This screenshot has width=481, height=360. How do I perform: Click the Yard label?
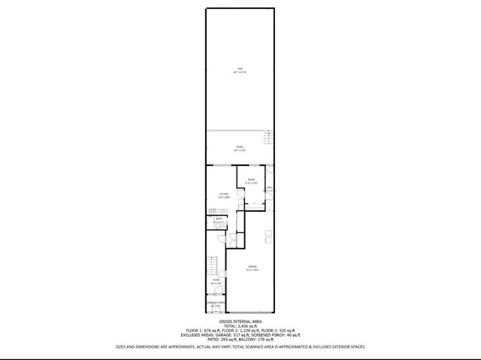(x=239, y=71)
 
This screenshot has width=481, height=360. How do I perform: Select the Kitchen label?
(x=223, y=195)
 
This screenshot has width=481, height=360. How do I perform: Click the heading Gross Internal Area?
(x=240, y=321)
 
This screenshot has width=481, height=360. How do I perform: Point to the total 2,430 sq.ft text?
(x=240, y=326)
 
